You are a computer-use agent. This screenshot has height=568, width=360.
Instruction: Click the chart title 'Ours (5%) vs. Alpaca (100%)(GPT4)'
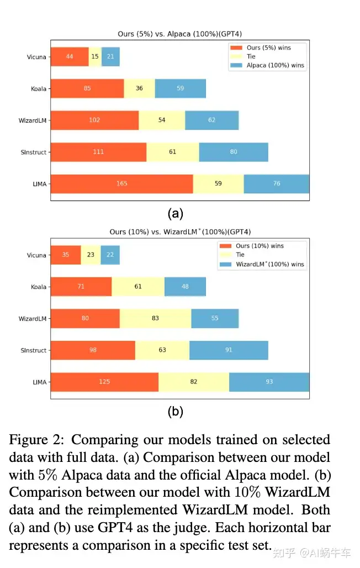point(179,34)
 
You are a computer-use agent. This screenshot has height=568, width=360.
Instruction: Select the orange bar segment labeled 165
point(121,183)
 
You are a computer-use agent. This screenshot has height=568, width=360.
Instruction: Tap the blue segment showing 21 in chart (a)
point(110,57)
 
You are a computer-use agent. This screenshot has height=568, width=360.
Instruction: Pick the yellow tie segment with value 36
point(139,88)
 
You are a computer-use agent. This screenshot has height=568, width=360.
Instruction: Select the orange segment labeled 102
point(94,120)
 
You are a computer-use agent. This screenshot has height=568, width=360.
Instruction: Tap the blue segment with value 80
point(234,152)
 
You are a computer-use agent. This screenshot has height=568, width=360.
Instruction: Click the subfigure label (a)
point(175,213)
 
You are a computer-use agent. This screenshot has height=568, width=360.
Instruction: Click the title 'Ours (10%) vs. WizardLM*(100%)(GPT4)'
point(179,232)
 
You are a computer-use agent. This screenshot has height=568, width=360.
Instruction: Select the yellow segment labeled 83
point(155,319)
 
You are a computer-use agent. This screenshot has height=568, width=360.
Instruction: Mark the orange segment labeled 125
point(104,382)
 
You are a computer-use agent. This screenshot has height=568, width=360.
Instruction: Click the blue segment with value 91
point(229,350)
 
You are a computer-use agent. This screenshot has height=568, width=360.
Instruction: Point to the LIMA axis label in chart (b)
point(39,382)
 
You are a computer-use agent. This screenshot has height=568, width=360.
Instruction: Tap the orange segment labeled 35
point(66,255)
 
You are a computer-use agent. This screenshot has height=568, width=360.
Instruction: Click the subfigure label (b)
point(175,412)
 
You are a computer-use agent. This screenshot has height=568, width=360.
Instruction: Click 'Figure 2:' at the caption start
point(37,440)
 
